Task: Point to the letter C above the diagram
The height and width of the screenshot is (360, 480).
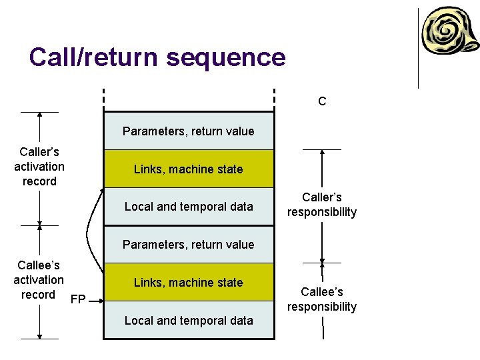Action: point(322,101)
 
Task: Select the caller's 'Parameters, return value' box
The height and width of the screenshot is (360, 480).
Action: point(189,131)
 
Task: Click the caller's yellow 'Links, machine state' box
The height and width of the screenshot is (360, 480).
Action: point(189,169)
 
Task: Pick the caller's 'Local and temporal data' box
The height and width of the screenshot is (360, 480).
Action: point(189,207)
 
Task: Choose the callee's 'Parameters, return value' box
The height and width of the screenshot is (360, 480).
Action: point(189,245)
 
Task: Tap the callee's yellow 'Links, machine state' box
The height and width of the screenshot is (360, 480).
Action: point(189,282)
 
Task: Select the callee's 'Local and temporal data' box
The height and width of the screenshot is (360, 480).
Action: point(189,320)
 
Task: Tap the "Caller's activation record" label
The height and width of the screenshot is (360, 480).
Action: point(39,167)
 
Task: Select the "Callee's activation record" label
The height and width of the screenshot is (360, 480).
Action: point(39,280)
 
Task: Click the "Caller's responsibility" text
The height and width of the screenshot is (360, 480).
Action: point(322,205)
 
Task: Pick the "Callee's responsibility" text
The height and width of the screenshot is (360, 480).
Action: point(322,299)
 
